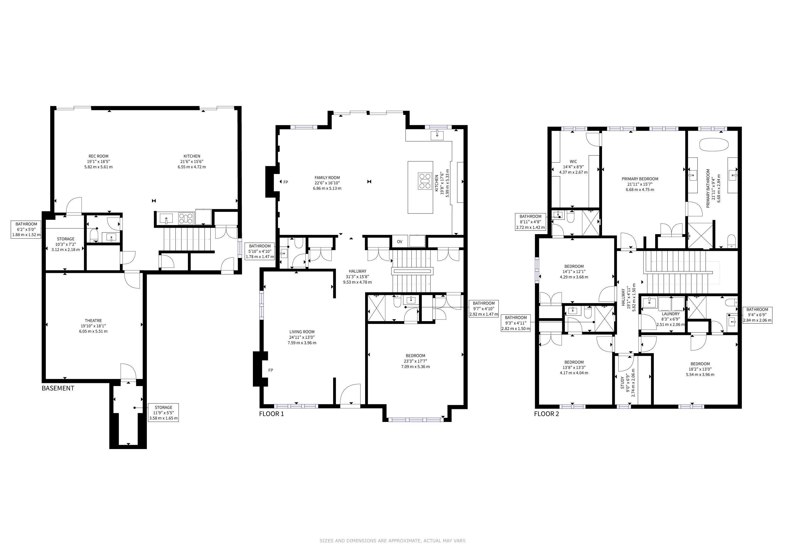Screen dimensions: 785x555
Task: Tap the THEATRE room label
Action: tap(93, 321)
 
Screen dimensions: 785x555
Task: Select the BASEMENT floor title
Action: tap(58, 388)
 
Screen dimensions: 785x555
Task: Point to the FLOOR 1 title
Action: tap(271, 414)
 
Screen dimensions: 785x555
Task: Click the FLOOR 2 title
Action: tap(547, 414)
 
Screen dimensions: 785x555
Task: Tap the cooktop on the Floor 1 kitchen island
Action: tap(425, 181)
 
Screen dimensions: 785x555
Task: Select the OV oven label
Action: tap(400, 242)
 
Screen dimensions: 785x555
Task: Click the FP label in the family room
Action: tap(286, 182)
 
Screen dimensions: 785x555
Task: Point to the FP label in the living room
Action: tap(271, 370)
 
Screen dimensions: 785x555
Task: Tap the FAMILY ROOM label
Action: tap(327, 178)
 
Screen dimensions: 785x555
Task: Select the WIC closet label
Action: tap(573, 162)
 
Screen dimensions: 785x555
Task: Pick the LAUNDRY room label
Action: tap(671, 314)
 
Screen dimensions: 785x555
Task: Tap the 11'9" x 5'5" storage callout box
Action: tap(163, 412)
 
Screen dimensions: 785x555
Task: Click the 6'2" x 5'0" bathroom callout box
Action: tap(26, 229)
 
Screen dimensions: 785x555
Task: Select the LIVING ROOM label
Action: tap(302, 332)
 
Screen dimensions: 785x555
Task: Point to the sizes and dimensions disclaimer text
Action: tap(393, 541)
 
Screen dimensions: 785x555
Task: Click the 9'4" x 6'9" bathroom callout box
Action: tap(757, 315)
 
